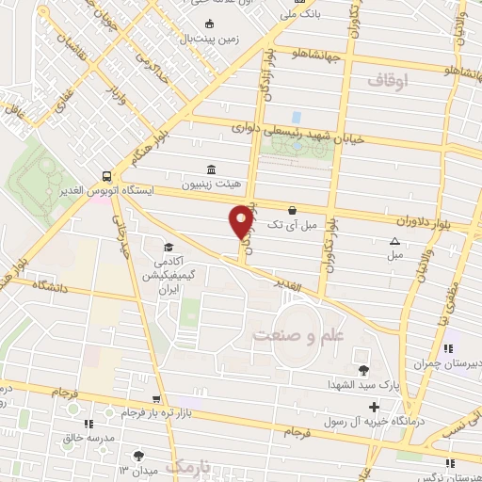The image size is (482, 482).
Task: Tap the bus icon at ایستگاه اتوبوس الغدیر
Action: [x=107, y=175]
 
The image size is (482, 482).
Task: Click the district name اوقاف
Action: [x=389, y=83]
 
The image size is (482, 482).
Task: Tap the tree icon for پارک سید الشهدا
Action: [x=363, y=367]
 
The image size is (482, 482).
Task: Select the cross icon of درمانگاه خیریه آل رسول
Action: [x=374, y=408]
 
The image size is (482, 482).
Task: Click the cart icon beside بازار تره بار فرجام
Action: [x=156, y=399]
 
